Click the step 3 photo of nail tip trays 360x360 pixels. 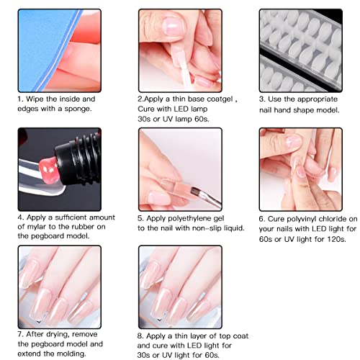click(x=301, y=49)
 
